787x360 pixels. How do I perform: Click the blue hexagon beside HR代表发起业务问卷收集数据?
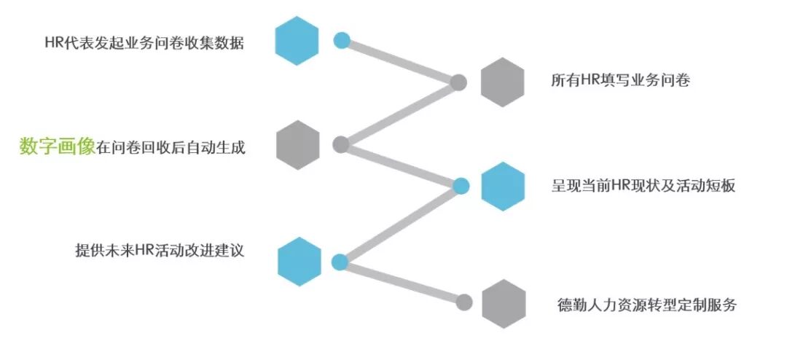(297, 42)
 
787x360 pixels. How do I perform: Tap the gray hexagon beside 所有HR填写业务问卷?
(503, 82)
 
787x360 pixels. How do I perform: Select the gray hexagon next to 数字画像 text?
(299, 145)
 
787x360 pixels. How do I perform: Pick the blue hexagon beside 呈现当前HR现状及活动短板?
(503, 187)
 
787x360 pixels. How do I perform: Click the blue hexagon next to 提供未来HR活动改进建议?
(299, 262)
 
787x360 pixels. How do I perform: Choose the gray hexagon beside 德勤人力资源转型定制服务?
(504, 303)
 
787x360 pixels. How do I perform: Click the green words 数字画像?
(57, 147)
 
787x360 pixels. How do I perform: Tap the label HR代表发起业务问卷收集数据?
(144, 43)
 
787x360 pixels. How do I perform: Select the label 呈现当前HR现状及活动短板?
(643, 186)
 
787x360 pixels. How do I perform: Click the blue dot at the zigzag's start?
(342, 40)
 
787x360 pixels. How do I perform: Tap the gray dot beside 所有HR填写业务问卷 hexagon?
(458, 82)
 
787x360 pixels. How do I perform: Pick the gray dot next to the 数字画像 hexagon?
(340, 144)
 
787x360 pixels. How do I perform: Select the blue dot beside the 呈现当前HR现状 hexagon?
(461, 186)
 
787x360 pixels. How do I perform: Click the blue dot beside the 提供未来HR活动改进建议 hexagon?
(339, 262)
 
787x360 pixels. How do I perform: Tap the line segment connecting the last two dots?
(401, 281)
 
